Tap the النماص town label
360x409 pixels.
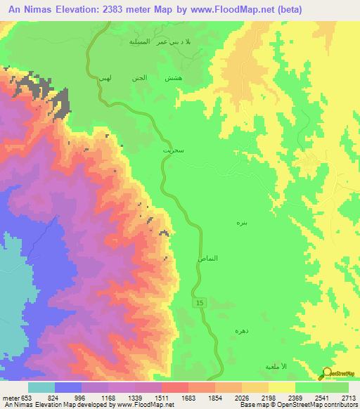207,259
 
